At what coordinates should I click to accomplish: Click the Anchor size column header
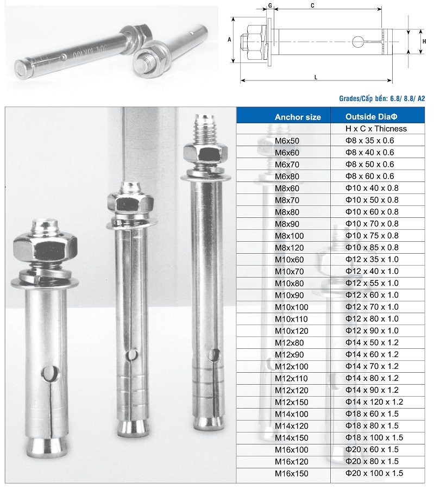(298, 117)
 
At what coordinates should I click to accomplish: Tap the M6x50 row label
(287, 141)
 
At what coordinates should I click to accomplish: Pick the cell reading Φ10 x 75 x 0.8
(372, 235)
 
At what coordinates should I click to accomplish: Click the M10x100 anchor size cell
(291, 307)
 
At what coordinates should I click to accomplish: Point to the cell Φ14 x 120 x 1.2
(374, 402)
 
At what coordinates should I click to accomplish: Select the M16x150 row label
(291, 473)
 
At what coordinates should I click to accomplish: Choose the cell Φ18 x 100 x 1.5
(374, 437)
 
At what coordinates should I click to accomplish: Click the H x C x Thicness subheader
(376, 129)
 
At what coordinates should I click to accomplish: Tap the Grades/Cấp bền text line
(382, 98)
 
